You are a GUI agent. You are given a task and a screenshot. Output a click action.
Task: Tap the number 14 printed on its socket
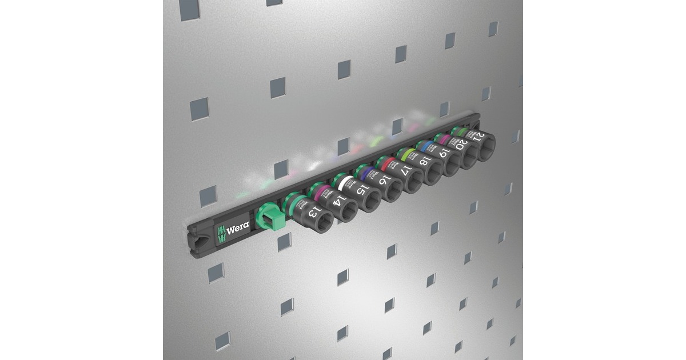click(x=339, y=201)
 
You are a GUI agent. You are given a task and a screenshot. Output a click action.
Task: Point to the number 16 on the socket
click(x=385, y=180)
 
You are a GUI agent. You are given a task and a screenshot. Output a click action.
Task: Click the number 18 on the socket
click(x=425, y=161)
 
